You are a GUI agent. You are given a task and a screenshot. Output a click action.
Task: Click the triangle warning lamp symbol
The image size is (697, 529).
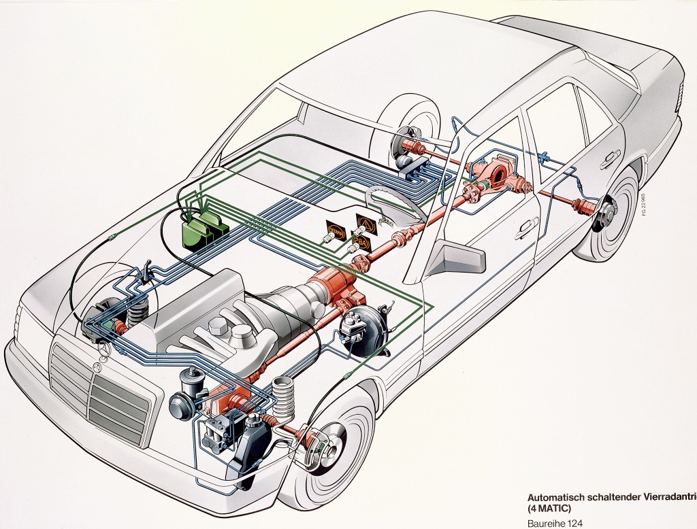click(x=366, y=222)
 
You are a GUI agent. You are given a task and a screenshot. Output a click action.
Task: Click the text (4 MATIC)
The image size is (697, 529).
click(x=551, y=507)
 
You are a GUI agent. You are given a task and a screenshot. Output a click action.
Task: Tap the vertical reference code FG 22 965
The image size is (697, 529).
click(x=643, y=204)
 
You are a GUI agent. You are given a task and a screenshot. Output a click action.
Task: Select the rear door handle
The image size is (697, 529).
click(x=606, y=160)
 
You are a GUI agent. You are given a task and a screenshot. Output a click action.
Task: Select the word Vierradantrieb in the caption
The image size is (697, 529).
click(x=663, y=496)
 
